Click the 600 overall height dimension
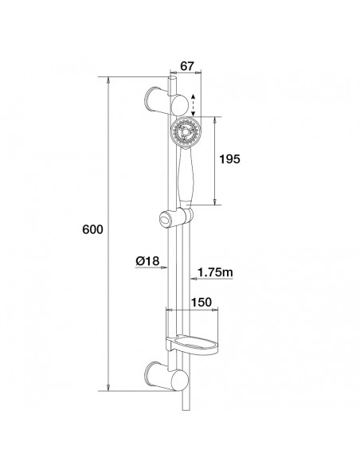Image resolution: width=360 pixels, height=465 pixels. pos(93,229)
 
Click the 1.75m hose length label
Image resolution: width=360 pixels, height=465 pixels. pos(215,273)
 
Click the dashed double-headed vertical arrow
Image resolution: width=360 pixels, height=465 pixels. pos(191,103)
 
